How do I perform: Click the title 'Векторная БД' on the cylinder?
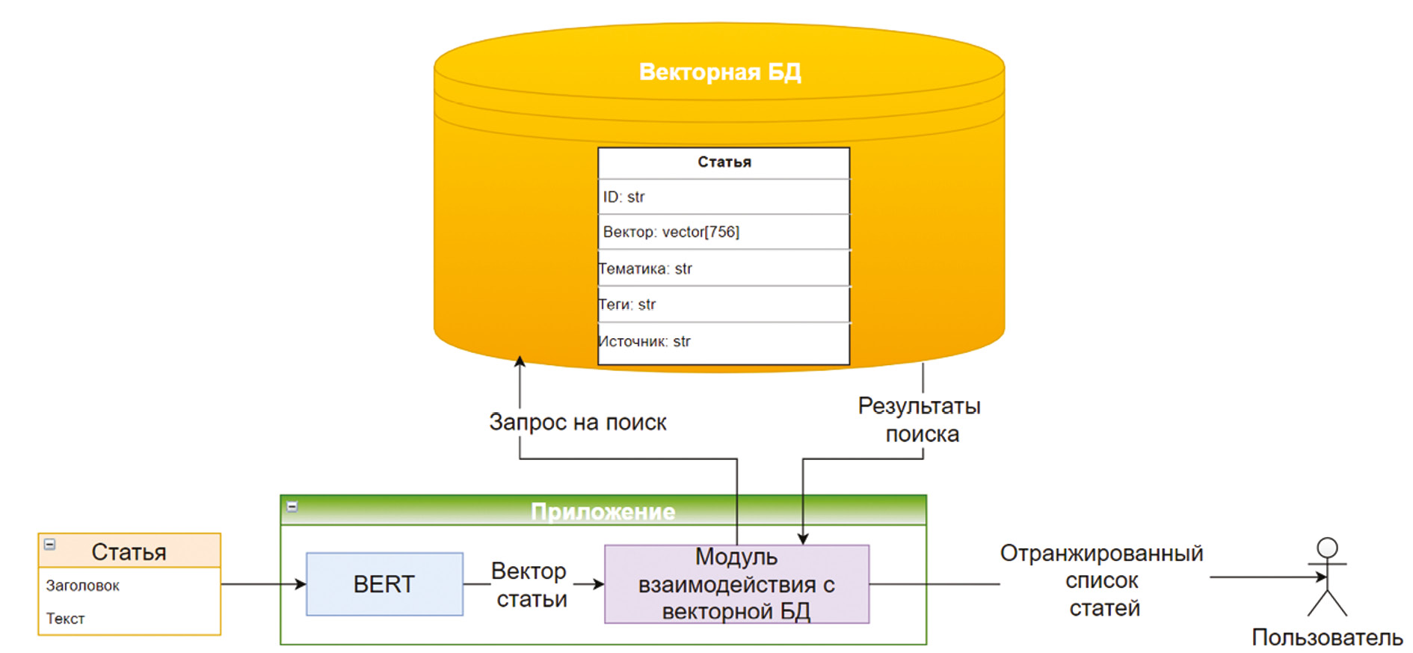tap(720, 72)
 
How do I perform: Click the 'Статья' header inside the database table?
tap(724, 162)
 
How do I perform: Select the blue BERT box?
tap(384, 584)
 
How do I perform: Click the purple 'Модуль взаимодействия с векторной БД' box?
tap(736, 584)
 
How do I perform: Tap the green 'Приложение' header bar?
tap(603, 511)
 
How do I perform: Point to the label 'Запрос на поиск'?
tap(578, 422)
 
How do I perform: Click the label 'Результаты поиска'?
tap(920, 420)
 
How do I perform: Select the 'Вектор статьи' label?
tap(530, 585)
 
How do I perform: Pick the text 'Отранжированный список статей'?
tap(1103, 580)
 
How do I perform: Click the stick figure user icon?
tap(1327, 577)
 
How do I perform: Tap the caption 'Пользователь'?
tap(1327, 637)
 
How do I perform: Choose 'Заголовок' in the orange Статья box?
tap(83, 586)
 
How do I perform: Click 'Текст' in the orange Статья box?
tap(66, 619)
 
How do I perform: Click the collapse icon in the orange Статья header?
tap(50, 545)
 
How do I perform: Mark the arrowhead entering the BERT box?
tap(301, 584)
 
